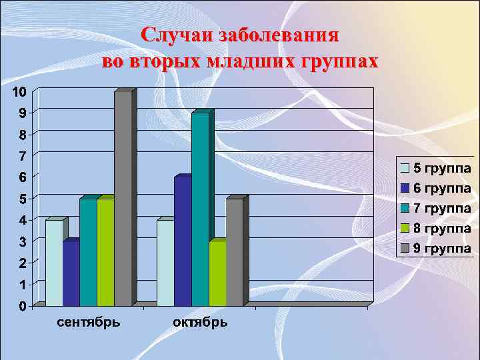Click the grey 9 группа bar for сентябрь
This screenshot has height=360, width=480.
pos(123,198)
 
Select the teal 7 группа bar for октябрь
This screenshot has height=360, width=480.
pos(200,209)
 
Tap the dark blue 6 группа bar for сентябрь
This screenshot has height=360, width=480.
pos(71,273)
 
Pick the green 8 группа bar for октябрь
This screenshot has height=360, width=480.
pos(217,273)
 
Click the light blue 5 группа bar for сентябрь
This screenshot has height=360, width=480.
pos(54,263)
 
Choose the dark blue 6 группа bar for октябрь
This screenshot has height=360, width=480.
pos(182,241)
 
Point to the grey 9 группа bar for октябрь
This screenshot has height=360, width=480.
pos(235,252)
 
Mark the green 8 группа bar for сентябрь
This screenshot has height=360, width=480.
pos(105,252)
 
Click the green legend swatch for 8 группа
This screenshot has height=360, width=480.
pos(405,229)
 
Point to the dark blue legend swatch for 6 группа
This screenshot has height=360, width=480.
pos(405,188)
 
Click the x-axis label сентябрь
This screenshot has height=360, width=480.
pos(89,323)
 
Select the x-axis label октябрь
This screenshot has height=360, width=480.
pos(200,323)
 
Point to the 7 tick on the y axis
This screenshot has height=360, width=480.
pos(23,156)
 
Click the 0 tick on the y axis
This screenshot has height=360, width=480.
pos(23,307)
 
